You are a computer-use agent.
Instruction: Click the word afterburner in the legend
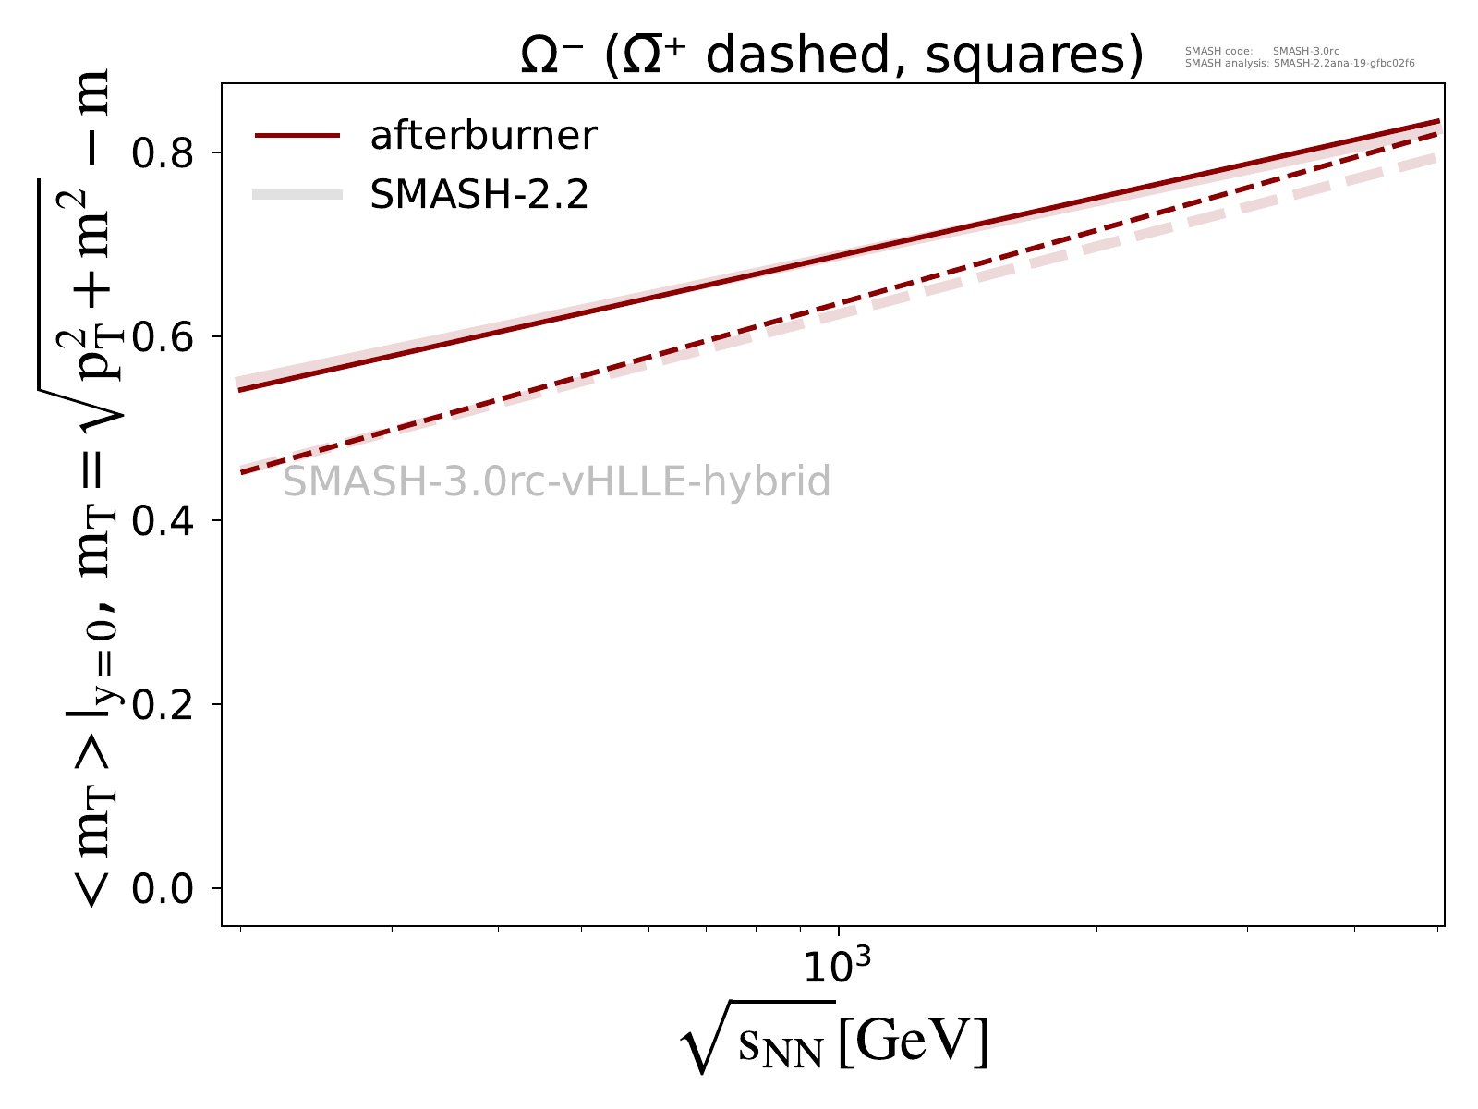[x=483, y=136]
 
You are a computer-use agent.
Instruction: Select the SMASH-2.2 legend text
[x=479, y=195]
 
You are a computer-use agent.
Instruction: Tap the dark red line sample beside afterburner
[x=297, y=136]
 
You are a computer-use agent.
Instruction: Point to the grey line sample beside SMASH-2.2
[x=297, y=195]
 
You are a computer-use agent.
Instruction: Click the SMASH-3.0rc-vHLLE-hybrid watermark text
[x=556, y=482]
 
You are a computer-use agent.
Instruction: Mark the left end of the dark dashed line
[x=241, y=473]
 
